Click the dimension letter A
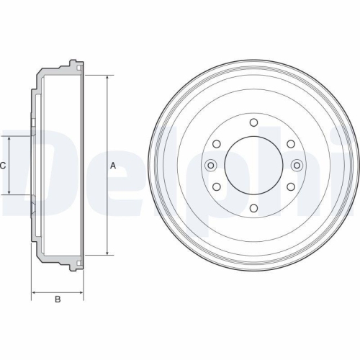(x=112, y=166)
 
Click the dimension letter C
(x=4, y=166)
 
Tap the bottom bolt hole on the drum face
(x=253, y=209)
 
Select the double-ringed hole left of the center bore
(x=210, y=166)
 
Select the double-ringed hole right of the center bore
(x=297, y=166)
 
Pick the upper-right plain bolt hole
(x=291, y=144)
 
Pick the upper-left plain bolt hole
(x=216, y=144)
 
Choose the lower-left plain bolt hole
(x=216, y=187)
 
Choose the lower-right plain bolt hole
(x=291, y=187)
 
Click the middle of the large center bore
(x=253, y=166)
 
